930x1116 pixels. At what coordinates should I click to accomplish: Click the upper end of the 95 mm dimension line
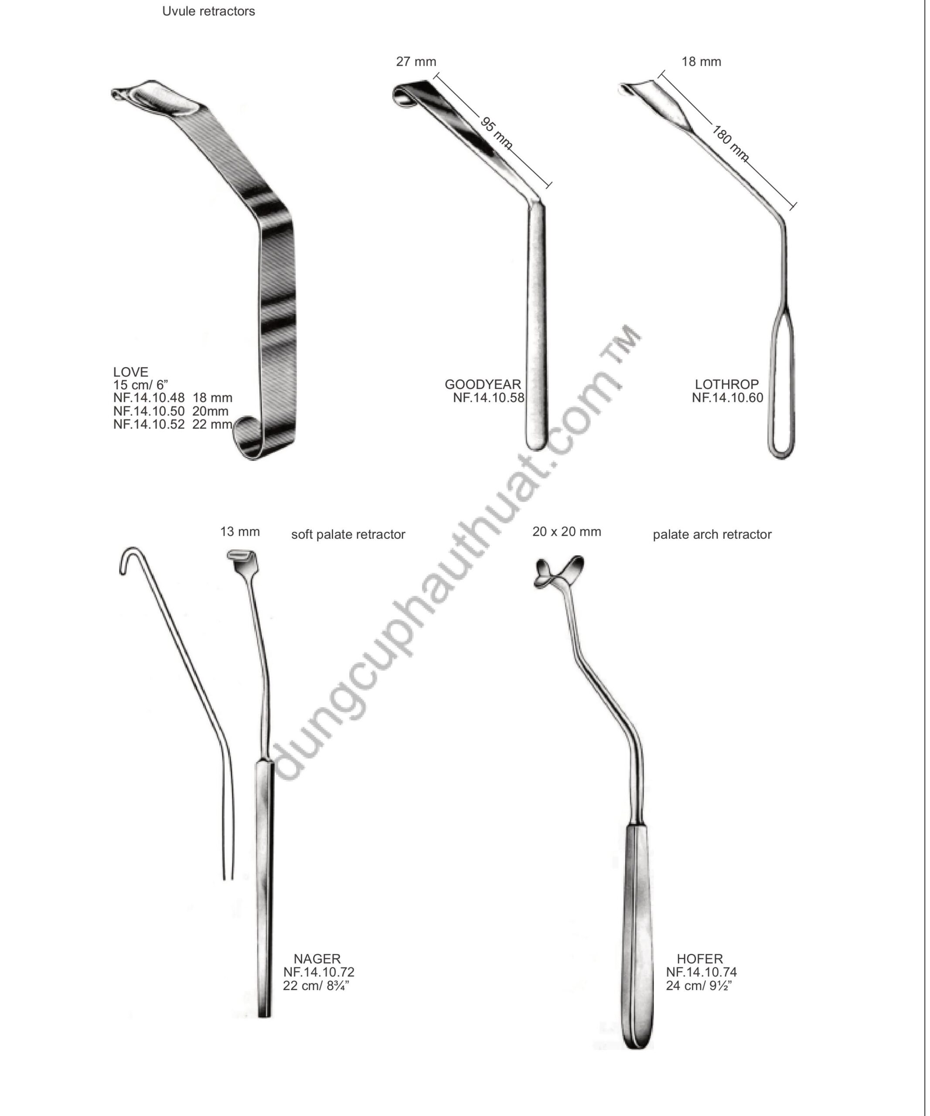435,78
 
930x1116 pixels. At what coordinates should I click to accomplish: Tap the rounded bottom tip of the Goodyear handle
536,449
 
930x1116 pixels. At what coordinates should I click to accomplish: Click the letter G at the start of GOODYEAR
450,384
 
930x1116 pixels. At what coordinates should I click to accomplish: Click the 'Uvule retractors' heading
208,11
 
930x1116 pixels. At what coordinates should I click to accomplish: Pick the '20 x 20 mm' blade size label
566,531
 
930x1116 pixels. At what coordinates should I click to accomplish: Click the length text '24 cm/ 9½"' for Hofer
699,985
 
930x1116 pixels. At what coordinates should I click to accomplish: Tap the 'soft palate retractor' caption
348,534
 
